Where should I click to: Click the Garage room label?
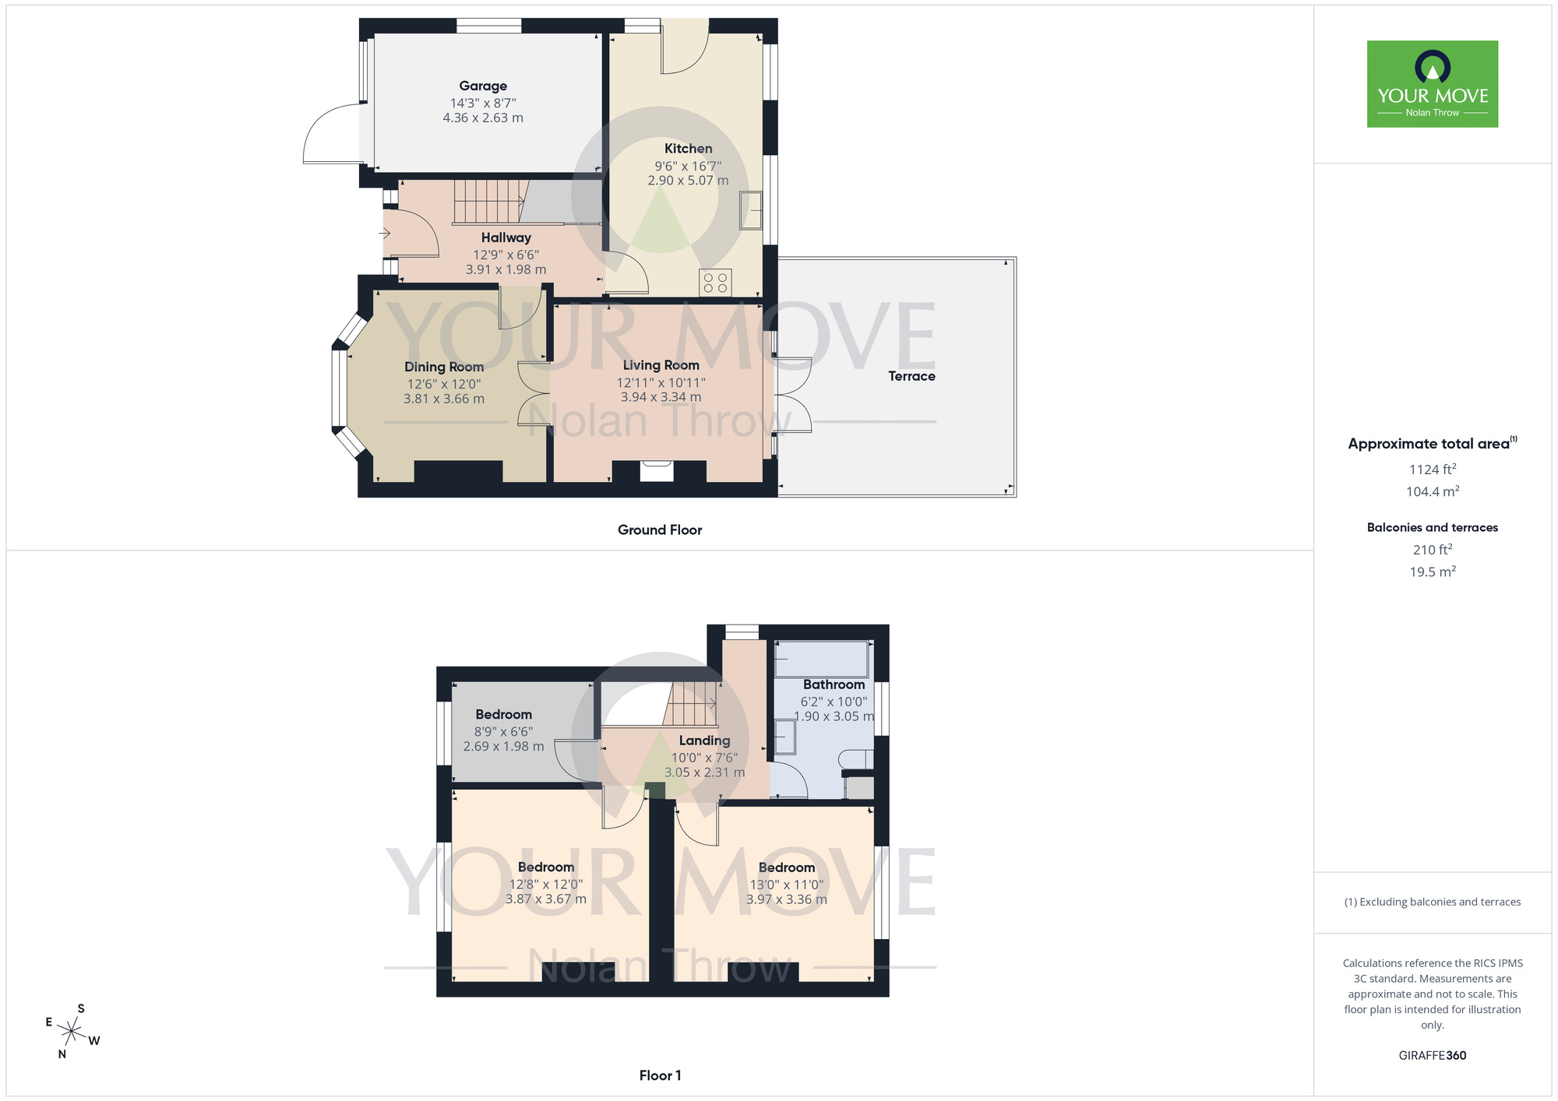(x=483, y=86)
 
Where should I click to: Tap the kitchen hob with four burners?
(x=715, y=282)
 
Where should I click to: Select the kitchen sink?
(x=750, y=210)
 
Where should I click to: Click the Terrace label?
(x=911, y=376)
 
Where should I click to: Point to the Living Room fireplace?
(x=657, y=470)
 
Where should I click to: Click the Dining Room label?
(x=444, y=367)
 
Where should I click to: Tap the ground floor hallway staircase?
(x=487, y=202)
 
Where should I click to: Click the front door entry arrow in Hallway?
(x=384, y=233)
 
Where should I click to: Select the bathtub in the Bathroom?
(x=821, y=660)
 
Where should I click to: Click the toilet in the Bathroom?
(x=858, y=760)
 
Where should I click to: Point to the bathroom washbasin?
(x=784, y=737)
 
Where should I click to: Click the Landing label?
(x=704, y=740)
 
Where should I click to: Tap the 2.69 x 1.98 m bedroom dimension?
(x=503, y=747)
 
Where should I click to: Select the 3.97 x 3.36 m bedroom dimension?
(x=786, y=899)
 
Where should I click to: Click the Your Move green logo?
(x=1432, y=84)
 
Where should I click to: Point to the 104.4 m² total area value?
(x=1432, y=491)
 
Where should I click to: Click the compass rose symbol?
(x=72, y=1032)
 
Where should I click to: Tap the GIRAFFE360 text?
(x=1432, y=1056)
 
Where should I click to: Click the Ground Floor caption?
(x=660, y=530)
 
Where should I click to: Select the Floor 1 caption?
(x=660, y=1075)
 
